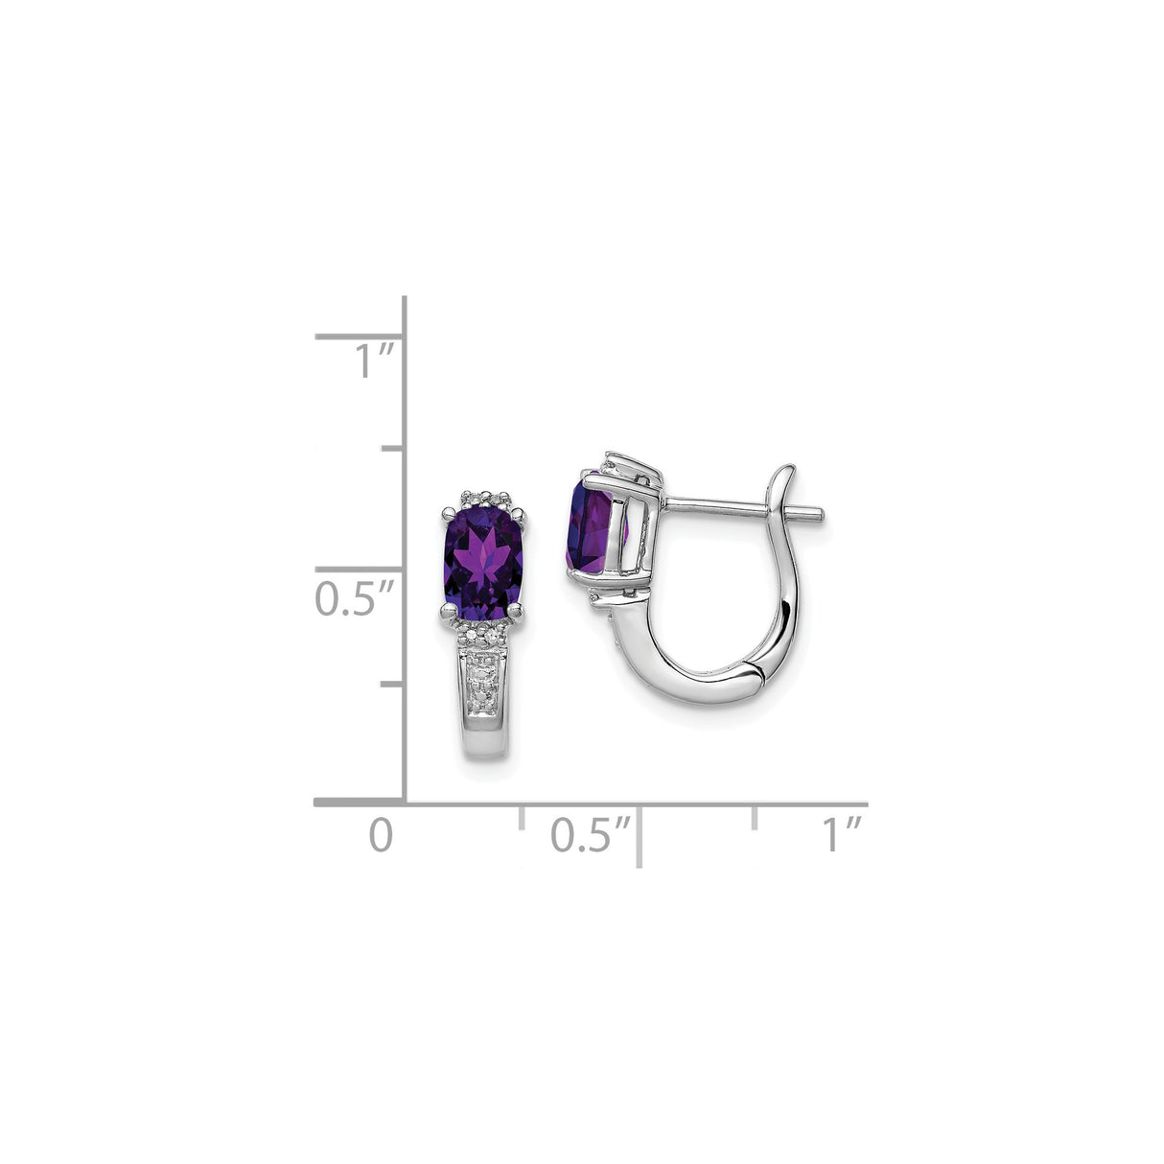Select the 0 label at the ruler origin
tap(381, 834)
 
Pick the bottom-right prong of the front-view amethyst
tap(518, 608)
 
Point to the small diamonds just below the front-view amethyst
tap(483, 634)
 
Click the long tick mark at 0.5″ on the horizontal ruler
tap(639, 836)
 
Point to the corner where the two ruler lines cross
tap(404, 802)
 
